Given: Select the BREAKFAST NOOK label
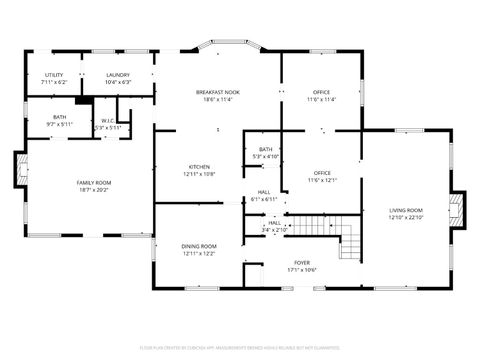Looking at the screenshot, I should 218,93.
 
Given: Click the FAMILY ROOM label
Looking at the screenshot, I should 94,182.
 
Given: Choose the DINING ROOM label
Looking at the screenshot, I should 199,246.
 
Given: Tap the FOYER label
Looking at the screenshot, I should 301,263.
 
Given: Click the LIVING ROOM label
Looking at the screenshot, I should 405,210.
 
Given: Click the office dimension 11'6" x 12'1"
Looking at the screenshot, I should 321,180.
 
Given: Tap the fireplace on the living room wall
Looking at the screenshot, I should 459,209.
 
